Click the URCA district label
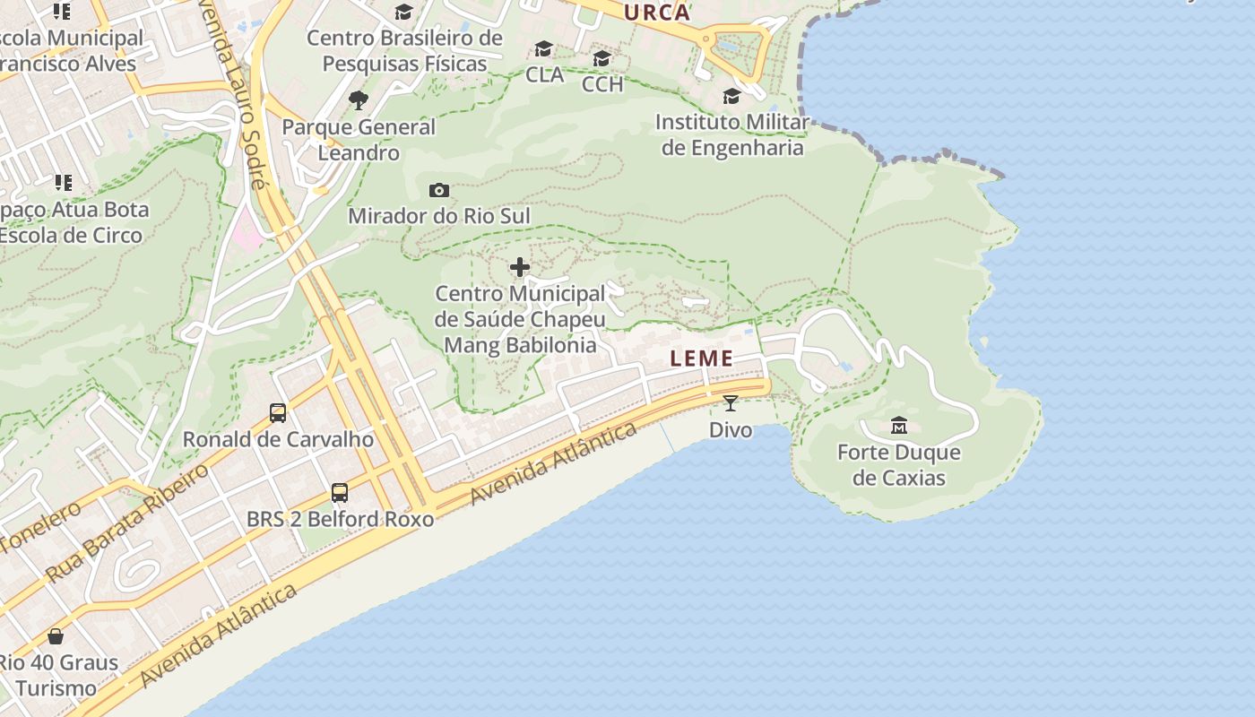tap(657, 13)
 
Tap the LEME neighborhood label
tap(702, 359)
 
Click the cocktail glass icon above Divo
tap(731, 403)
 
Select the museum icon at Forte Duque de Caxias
tap(898, 425)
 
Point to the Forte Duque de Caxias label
tap(898, 465)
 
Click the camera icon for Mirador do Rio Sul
tap(439, 190)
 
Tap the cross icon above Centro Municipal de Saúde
tap(520, 267)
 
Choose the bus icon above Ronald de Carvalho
tap(278, 413)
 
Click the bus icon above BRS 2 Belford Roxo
tap(340, 492)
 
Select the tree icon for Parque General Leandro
tap(359, 99)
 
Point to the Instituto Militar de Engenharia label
tap(732, 134)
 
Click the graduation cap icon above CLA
tap(544, 48)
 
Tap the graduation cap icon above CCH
tap(602, 58)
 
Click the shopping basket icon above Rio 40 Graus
tap(56, 636)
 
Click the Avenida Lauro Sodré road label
tap(241, 99)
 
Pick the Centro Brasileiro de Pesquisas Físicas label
tap(404, 51)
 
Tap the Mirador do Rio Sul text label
tap(439, 216)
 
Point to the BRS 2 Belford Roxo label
tap(340, 519)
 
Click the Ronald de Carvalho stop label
tap(278, 439)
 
